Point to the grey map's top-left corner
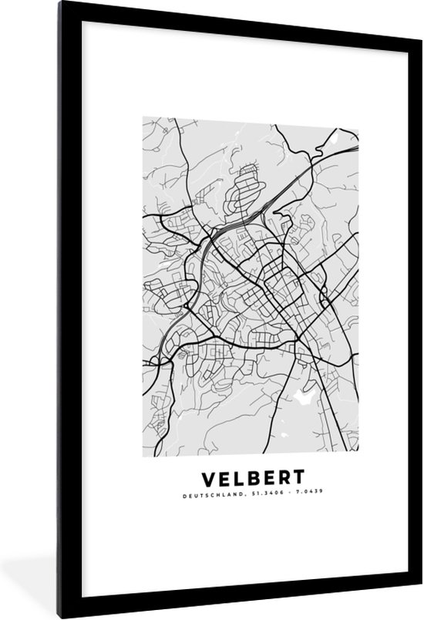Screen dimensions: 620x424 (143, 117)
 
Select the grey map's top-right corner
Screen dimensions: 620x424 (358, 117)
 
